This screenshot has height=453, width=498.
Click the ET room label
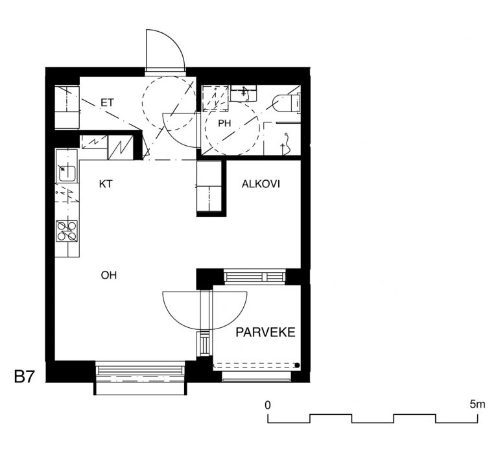(x=107, y=103)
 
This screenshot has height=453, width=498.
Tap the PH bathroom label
(x=224, y=123)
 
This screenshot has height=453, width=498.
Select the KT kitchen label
(x=106, y=184)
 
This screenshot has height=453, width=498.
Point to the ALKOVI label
(x=261, y=184)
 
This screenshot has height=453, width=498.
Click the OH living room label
(x=109, y=275)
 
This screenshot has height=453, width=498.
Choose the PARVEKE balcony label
(x=265, y=332)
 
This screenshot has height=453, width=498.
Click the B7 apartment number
(x=24, y=377)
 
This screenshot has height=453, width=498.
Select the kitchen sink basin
(x=67, y=173)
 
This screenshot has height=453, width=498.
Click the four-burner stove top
(x=67, y=231)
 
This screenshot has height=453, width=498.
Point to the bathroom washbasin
(x=244, y=93)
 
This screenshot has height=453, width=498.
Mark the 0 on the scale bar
(x=268, y=405)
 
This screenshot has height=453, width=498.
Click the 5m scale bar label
(x=477, y=404)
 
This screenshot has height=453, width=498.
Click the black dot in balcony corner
(x=297, y=366)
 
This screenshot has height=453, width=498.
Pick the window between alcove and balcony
(x=255, y=277)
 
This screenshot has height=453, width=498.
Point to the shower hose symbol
(x=287, y=143)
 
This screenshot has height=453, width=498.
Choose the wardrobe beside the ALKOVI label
(x=209, y=187)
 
